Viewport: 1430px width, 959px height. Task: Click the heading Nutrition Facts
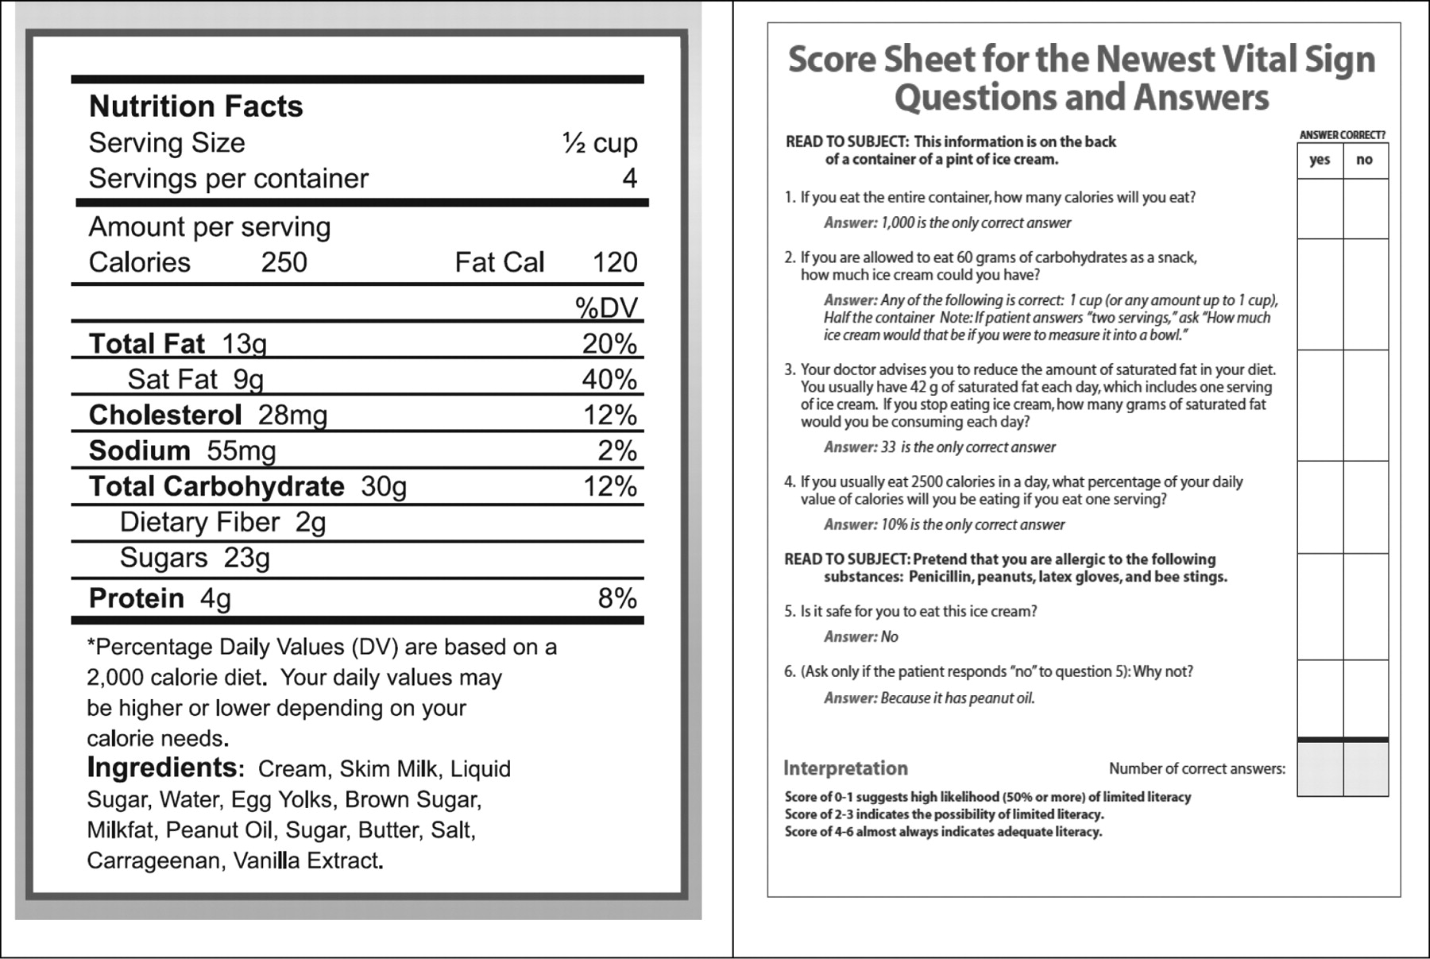click(195, 106)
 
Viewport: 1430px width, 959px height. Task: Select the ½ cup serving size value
click(599, 143)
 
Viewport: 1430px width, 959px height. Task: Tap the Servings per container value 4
click(629, 178)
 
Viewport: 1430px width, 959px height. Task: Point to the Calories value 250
click(284, 262)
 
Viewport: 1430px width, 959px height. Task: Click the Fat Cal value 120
click(615, 262)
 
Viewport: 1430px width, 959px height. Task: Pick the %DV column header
click(606, 307)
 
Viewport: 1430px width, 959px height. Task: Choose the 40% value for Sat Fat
click(609, 379)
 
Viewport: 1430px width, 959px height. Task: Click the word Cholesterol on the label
click(164, 415)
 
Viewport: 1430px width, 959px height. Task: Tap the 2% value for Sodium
click(617, 450)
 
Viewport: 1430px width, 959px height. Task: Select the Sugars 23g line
click(195, 558)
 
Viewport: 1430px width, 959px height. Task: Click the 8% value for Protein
click(617, 598)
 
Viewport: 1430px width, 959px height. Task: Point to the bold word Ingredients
click(161, 768)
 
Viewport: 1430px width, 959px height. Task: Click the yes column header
click(1320, 160)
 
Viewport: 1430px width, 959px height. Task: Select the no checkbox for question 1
click(1366, 209)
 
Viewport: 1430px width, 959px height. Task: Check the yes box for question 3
click(1320, 405)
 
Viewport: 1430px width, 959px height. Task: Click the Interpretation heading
click(845, 768)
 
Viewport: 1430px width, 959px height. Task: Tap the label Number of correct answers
click(1196, 768)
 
